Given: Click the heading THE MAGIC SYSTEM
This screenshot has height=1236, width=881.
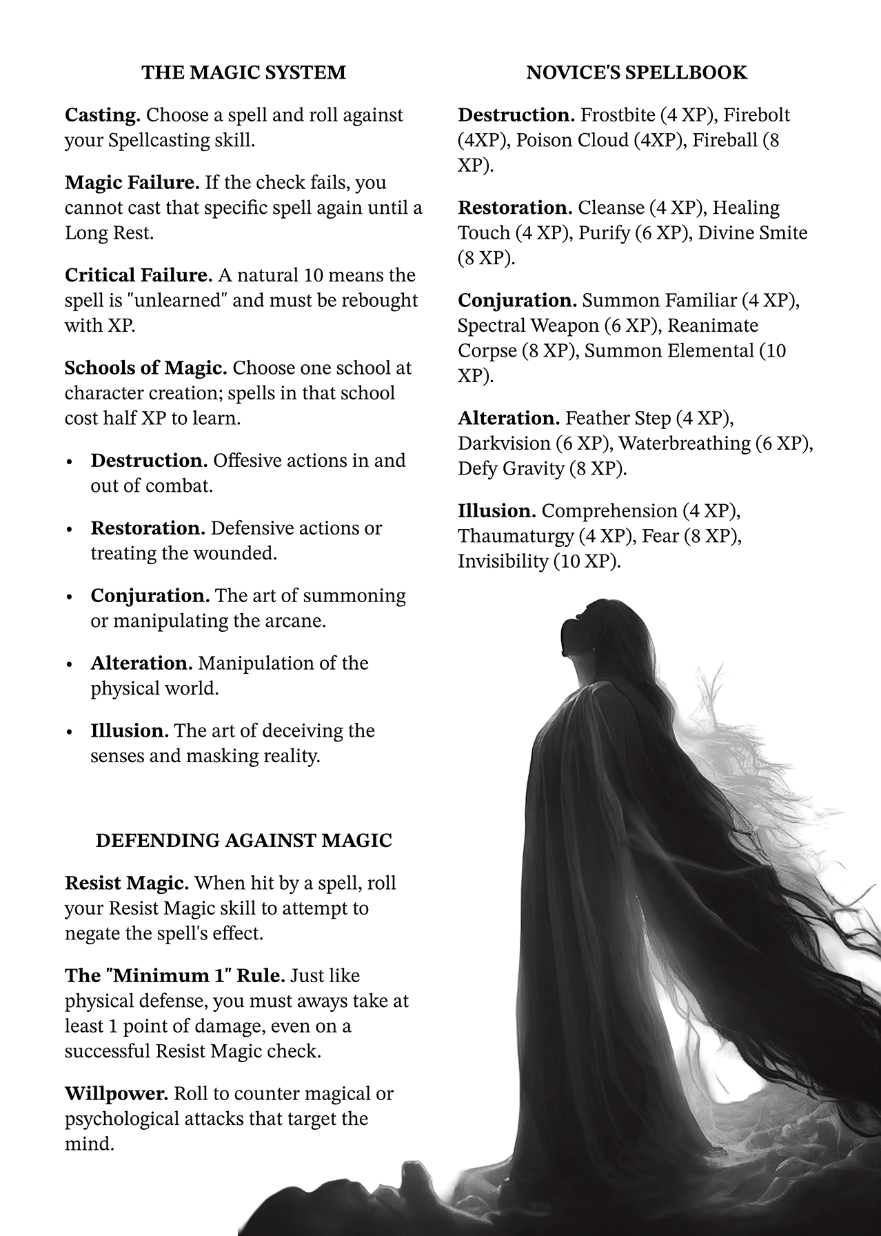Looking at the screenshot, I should (x=243, y=72).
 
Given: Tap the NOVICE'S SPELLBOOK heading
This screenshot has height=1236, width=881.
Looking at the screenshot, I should (x=636, y=72).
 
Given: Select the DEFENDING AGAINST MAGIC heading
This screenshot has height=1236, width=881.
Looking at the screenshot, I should (x=243, y=840).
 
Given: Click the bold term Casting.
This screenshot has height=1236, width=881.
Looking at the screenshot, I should (x=103, y=115).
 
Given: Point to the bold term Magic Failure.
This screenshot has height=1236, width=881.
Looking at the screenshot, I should (x=132, y=183).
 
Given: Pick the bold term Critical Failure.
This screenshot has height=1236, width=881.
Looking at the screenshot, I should (x=139, y=275).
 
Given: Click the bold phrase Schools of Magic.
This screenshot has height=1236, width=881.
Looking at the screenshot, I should (x=145, y=368).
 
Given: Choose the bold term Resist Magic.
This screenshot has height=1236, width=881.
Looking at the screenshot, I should (x=127, y=883).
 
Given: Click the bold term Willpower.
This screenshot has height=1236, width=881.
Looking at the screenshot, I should (x=117, y=1093).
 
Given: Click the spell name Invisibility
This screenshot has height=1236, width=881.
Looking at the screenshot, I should (x=503, y=561).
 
